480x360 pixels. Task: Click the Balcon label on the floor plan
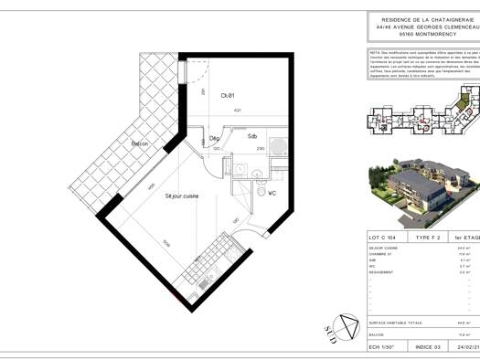[x=139, y=144]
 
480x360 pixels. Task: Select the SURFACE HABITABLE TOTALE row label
[x=395, y=323]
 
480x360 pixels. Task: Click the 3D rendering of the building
[x=422, y=193]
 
